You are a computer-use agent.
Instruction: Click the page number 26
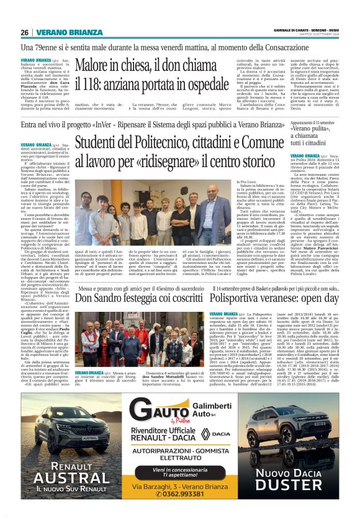pyautogui.click(x=25, y=33)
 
